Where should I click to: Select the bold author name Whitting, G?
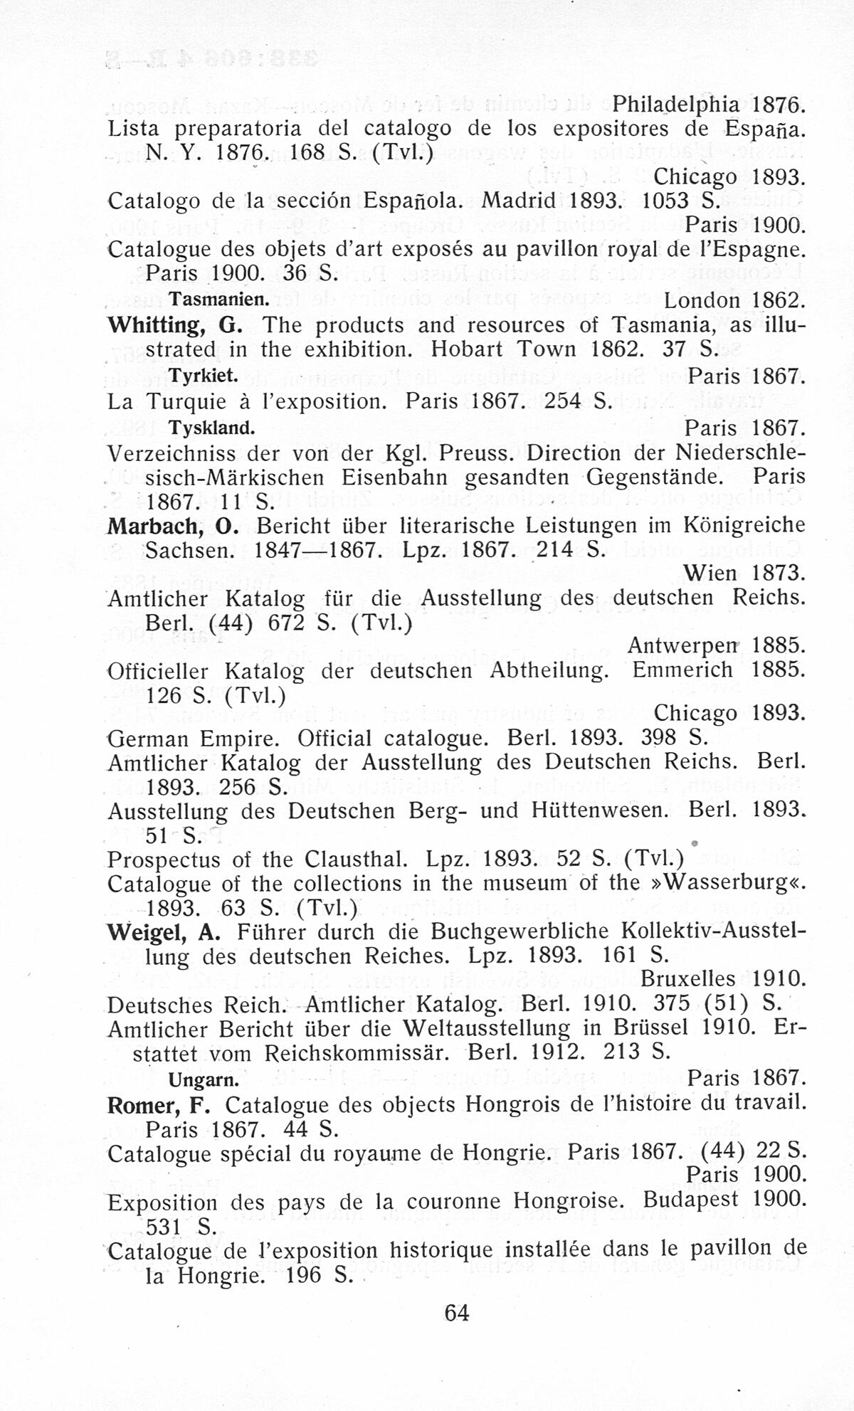tap(175, 325)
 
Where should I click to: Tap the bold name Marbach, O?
tap(172, 526)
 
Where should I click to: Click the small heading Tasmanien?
tap(217, 299)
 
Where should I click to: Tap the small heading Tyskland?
tap(211, 428)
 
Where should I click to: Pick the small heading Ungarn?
tap(203, 1079)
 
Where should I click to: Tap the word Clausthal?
tap(356, 859)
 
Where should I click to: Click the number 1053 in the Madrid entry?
tap(663, 201)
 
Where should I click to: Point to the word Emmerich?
tap(682, 670)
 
